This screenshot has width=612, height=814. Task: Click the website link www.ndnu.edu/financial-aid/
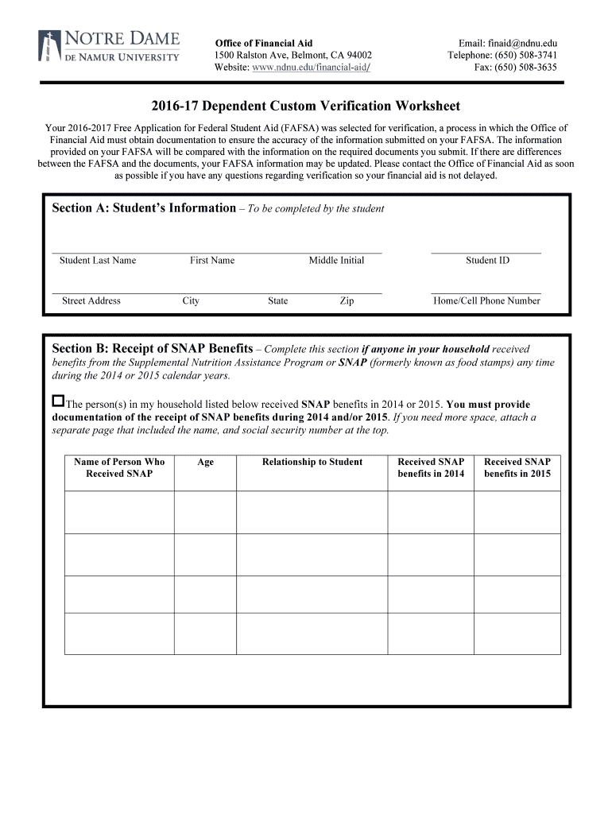pos(311,68)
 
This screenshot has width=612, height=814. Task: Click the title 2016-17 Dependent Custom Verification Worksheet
pos(306,107)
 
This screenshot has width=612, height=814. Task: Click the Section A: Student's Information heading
pos(143,208)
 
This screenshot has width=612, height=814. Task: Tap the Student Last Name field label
pos(98,261)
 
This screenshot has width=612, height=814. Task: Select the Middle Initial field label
pos(336,261)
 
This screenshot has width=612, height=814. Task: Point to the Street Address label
pos(91,301)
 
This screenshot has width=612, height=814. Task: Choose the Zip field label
pos(347,301)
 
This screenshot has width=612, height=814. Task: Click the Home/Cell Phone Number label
pos(486,301)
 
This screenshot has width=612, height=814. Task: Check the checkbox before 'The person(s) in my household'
pos(58,401)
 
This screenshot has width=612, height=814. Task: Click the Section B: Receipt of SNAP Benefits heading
pos(153,349)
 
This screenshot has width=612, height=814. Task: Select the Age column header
pos(205,462)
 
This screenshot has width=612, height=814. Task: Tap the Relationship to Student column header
pos(312,462)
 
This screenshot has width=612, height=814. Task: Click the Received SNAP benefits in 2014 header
pos(431,467)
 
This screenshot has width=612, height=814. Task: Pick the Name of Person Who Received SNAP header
pos(119,467)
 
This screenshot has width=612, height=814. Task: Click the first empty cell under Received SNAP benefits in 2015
pos(517,512)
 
